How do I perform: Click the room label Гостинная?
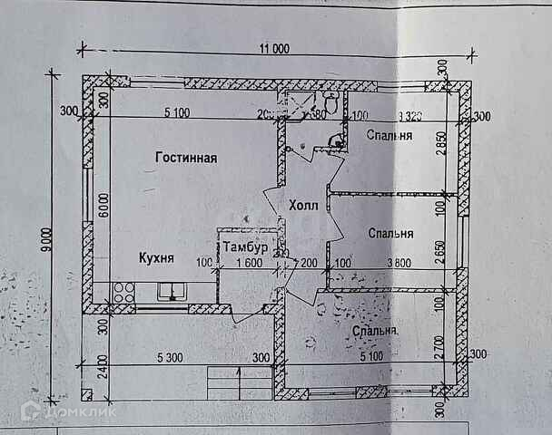[185, 158]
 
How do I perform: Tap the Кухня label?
[156, 258]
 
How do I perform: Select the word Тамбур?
[245, 246]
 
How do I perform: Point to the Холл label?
[303, 206]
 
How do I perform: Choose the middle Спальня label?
[391, 233]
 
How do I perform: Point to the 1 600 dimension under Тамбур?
[249, 264]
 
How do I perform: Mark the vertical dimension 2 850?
[442, 146]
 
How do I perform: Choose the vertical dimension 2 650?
[442, 249]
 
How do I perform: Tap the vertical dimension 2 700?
[442, 346]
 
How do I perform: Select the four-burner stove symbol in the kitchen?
[123, 292]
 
